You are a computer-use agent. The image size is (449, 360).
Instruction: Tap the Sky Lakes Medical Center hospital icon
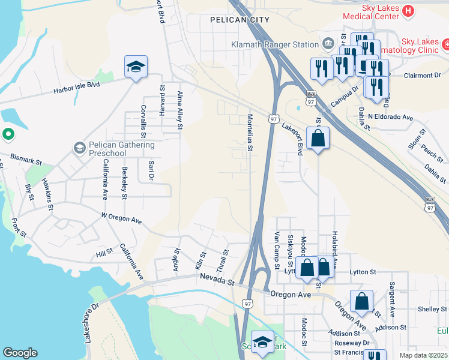pos(409,11)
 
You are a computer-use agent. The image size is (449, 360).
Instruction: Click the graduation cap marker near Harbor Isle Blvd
pos(136,67)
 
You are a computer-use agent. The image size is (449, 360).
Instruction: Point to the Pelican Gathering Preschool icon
pos(79,148)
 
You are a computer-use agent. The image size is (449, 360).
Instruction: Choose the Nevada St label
pos(218,280)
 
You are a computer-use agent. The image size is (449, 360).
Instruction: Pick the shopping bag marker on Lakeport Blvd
pos(318,139)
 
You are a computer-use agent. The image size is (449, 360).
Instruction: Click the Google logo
pos(20,353)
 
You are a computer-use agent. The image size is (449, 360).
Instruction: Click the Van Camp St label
pos(277,250)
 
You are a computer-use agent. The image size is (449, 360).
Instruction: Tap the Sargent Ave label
pos(392,299)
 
